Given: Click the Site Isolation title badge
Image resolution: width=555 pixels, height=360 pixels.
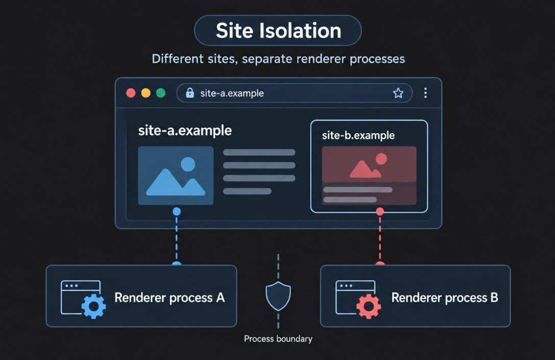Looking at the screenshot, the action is point(278,31).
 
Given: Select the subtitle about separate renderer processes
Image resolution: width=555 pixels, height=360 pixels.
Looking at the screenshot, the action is point(278,59).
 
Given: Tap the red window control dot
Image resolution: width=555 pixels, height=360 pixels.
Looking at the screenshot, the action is point(131,93).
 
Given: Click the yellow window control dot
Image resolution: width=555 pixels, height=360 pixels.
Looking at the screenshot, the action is point(146,93).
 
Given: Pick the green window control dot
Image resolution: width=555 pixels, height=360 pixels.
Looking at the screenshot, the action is point(161,93).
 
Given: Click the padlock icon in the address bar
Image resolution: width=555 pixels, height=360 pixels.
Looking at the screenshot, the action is point(190,93).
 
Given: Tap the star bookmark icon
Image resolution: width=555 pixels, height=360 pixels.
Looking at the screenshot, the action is point(398,93).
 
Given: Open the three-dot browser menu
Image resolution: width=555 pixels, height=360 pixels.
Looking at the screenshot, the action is point(425,93).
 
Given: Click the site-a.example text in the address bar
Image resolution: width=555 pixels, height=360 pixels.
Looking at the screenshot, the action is point(232,93).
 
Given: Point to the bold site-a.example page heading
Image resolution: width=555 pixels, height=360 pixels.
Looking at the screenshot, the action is point(185,131).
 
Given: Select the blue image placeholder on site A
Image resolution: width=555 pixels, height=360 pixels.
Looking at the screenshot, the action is point(176,176).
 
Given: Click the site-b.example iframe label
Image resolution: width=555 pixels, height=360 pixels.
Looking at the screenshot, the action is point(358,135).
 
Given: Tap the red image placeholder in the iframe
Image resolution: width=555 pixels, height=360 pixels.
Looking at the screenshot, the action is point(369,164).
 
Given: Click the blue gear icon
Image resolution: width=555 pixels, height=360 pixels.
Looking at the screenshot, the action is point(94,306).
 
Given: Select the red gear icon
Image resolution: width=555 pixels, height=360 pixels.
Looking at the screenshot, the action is point(369,306).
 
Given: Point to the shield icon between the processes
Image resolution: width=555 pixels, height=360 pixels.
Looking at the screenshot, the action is point(278,296).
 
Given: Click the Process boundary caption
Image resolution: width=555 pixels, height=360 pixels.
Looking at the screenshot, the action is point(278,339).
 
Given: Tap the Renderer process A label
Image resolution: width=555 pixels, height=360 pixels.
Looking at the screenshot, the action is point(170,298).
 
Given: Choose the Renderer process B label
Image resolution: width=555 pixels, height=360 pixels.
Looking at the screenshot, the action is point(445,298).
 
